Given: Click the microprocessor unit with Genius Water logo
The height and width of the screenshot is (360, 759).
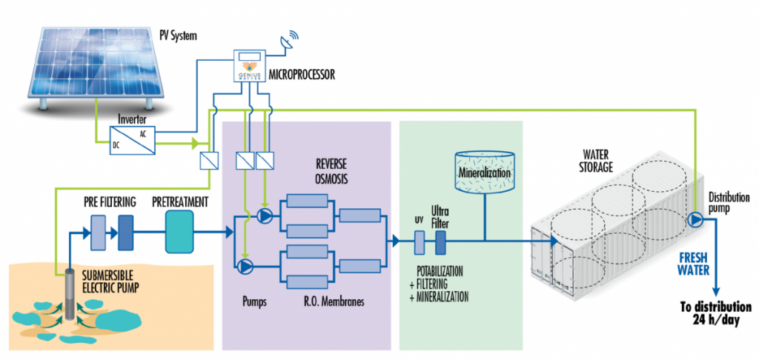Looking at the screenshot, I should (251, 68).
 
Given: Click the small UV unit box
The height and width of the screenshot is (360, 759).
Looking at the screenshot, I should (419, 241).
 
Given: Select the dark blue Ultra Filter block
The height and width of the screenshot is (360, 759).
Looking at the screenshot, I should (440, 241).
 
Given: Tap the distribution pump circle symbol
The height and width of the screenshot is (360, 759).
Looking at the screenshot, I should (695, 220).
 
